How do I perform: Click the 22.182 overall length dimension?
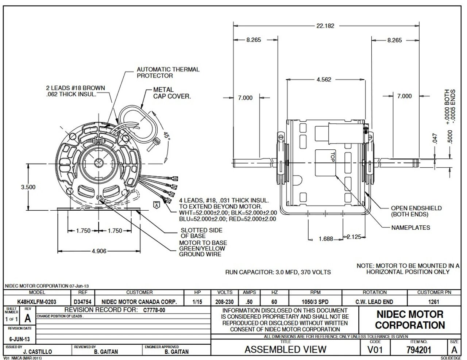point(325,26)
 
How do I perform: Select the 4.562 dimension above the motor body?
point(324,80)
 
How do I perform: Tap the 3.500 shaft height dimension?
point(28,187)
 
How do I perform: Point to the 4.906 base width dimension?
point(99,251)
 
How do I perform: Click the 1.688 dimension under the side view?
point(326,239)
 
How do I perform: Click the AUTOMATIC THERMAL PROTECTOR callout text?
point(168,72)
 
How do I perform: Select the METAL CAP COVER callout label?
point(171,93)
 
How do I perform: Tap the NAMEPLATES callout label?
point(410,227)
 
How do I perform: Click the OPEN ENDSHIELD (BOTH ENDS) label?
point(416,211)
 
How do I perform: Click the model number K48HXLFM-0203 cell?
point(36,302)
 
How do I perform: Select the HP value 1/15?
point(197,302)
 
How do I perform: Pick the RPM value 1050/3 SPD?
point(315,302)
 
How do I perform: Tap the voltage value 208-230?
point(224,302)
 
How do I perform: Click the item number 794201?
point(418,350)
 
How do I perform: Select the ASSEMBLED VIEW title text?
point(285,349)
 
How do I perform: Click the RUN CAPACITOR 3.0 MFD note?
point(278,272)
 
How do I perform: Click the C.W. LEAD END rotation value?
point(374,302)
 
